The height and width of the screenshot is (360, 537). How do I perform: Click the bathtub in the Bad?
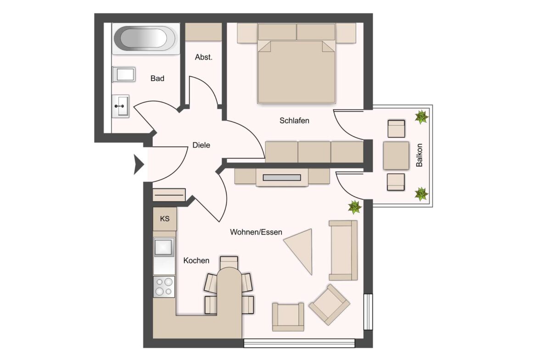pyautogui.click(x=145, y=39)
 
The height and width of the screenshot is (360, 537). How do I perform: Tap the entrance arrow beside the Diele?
pyautogui.click(x=138, y=165)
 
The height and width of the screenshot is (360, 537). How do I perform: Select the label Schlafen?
pyautogui.click(x=294, y=121)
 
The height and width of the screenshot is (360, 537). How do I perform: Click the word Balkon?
pyautogui.click(x=419, y=155)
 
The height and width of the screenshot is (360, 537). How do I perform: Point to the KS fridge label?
pyautogui.click(x=165, y=219)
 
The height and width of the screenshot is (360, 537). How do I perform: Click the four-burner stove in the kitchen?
pyautogui.click(x=164, y=287)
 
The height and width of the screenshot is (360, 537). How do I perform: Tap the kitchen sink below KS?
pyautogui.click(x=164, y=247)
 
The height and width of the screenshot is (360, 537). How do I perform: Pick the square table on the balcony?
pyautogui.click(x=396, y=155)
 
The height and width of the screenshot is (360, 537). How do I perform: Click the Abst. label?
pyautogui.click(x=204, y=57)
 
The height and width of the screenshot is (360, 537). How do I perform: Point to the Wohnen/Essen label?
pyautogui.click(x=256, y=232)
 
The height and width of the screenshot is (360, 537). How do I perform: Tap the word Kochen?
pyautogui.click(x=196, y=260)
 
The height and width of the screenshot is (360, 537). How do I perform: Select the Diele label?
pyautogui.click(x=201, y=145)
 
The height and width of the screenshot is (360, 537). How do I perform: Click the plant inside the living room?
pyautogui.click(x=355, y=207)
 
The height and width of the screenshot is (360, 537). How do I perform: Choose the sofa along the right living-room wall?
pyautogui.click(x=343, y=250)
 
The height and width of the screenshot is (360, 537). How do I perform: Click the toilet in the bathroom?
pyautogui.click(x=123, y=75)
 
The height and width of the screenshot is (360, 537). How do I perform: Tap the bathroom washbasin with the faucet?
pyautogui.click(x=121, y=106)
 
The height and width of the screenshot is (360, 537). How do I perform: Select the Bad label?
pyautogui.click(x=157, y=78)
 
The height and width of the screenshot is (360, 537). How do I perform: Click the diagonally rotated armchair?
pyautogui.click(x=329, y=305)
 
